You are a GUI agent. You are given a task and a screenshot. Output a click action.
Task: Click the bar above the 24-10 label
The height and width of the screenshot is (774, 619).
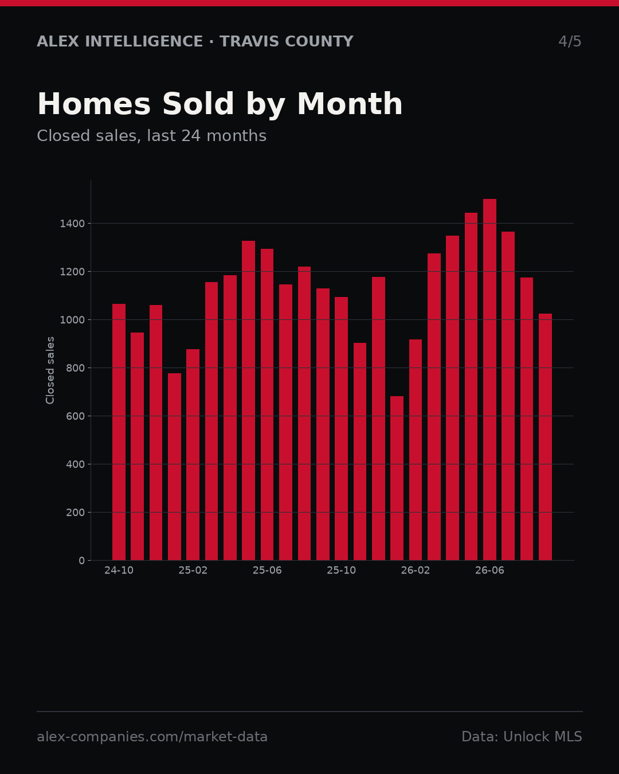click(x=119, y=432)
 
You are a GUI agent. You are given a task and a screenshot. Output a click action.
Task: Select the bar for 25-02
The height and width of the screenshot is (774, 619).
click(x=193, y=455)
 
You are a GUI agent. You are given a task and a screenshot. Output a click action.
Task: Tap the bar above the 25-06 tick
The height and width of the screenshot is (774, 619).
click(x=267, y=405)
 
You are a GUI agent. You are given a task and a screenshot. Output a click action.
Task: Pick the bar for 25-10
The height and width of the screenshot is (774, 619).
click(x=342, y=429)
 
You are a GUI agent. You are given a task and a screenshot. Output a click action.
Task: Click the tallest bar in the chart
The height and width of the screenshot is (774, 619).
click(x=489, y=380)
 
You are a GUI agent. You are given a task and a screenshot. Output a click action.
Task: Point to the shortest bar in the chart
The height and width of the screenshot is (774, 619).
click(x=397, y=478)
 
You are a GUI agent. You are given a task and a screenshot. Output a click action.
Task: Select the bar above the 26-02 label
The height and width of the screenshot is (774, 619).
click(x=416, y=450)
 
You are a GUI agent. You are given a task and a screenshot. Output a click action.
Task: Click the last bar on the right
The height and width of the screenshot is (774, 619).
click(x=545, y=437)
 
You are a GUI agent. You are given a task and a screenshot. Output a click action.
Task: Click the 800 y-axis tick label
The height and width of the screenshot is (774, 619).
click(x=76, y=368)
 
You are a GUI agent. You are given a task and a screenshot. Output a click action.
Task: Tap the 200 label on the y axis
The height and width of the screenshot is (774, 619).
click(x=76, y=513)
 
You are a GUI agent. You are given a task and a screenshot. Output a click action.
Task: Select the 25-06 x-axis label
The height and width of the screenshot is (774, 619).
click(x=267, y=570)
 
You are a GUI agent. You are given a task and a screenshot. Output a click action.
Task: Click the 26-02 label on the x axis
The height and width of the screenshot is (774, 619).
click(x=416, y=570)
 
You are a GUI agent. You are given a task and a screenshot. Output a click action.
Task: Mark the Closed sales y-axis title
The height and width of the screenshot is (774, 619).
click(x=50, y=370)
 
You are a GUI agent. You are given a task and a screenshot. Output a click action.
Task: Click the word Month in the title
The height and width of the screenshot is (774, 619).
click(x=350, y=104)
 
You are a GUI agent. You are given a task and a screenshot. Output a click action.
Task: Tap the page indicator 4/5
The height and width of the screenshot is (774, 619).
click(x=570, y=41)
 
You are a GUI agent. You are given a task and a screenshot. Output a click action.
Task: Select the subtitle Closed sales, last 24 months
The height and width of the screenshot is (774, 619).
click(x=152, y=136)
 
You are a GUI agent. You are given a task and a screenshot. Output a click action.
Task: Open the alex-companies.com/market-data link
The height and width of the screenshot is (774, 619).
click(x=152, y=737)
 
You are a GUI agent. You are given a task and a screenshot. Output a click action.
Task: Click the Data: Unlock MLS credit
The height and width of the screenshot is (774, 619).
click(x=522, y=737)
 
